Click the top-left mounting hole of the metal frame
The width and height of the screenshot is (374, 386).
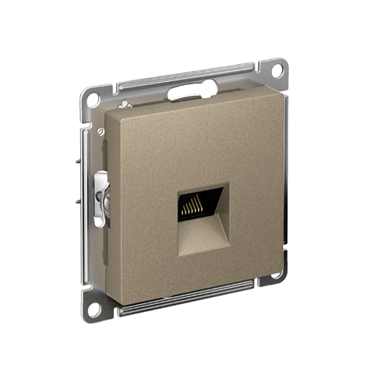(92, 100)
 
